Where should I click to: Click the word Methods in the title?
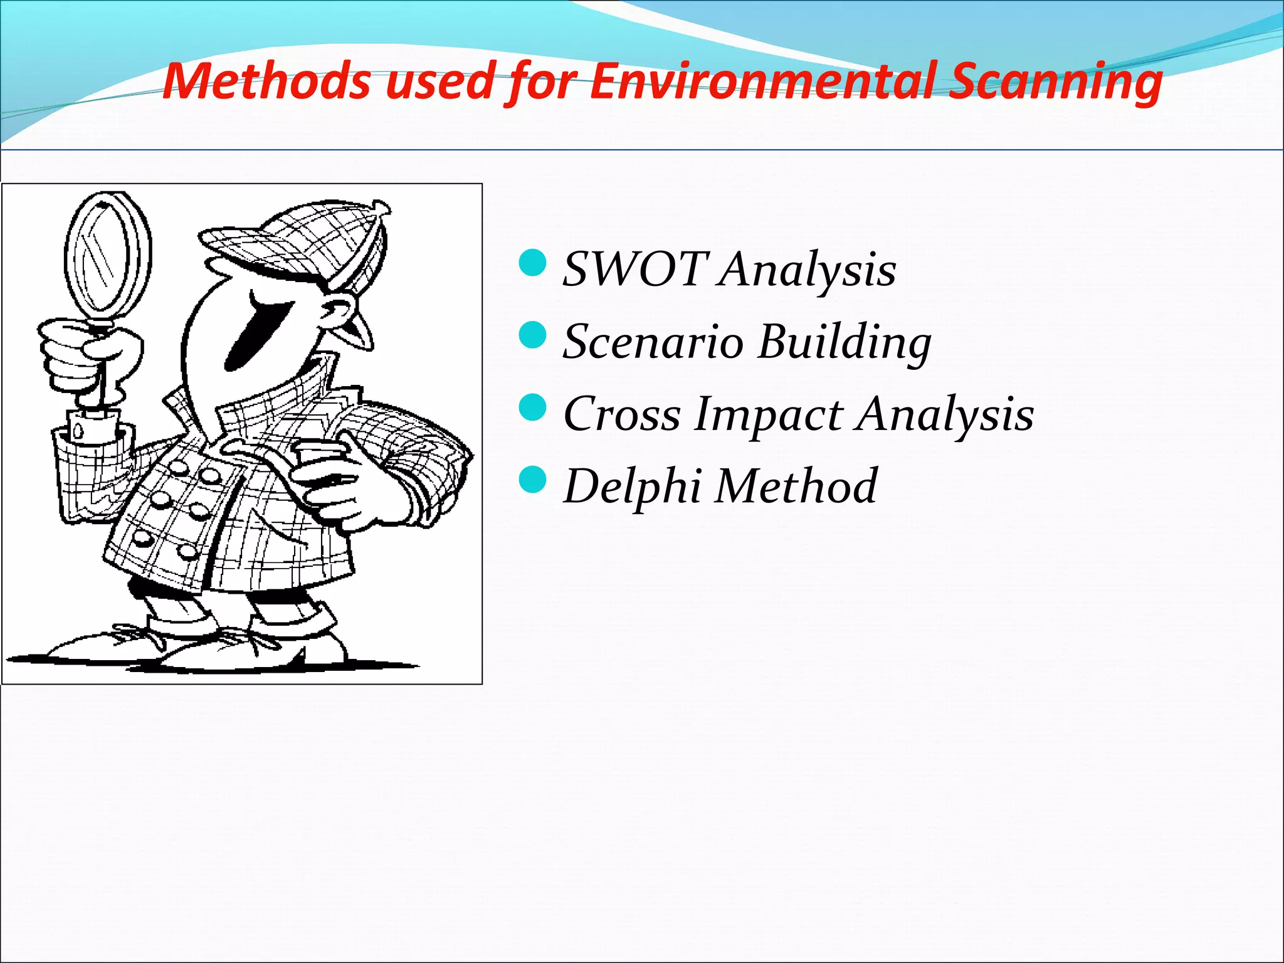click(x=266, y=82)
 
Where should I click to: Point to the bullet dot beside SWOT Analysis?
click(x=534, y=263)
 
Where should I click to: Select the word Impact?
click(x=769, y=415)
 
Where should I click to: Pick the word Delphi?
click(x=633, y=487)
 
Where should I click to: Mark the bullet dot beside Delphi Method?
click(x=534, y=480)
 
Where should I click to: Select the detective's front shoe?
click(x=251, y=649)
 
